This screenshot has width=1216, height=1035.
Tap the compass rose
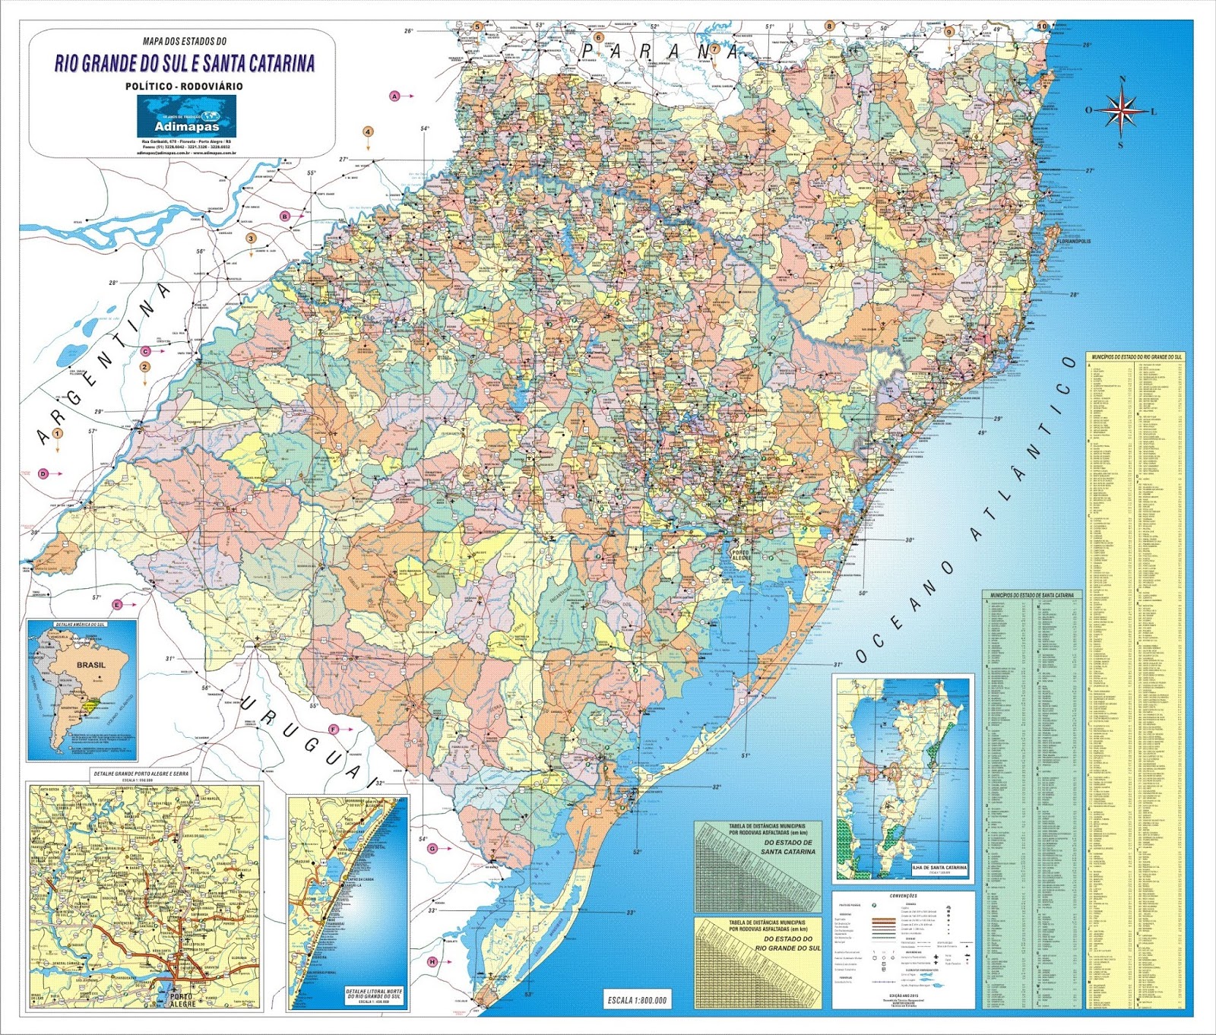(1121, 110)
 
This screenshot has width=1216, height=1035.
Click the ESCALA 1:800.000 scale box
(637, 999)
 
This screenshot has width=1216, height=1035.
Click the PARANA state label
(660, 51)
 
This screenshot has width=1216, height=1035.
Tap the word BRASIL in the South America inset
(91, 664)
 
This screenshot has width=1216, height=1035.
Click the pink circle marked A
(394, 96)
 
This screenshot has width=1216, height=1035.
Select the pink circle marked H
(432, 962)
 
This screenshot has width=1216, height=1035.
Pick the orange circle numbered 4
(368, 131)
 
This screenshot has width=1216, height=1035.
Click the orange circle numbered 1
(58, 433)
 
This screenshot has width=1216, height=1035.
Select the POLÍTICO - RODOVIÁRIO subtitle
(185, 87)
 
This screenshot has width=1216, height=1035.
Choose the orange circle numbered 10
(1041, 26)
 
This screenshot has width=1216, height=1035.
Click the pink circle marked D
(43, 473)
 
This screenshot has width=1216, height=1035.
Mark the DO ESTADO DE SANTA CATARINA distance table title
(788, 847)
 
